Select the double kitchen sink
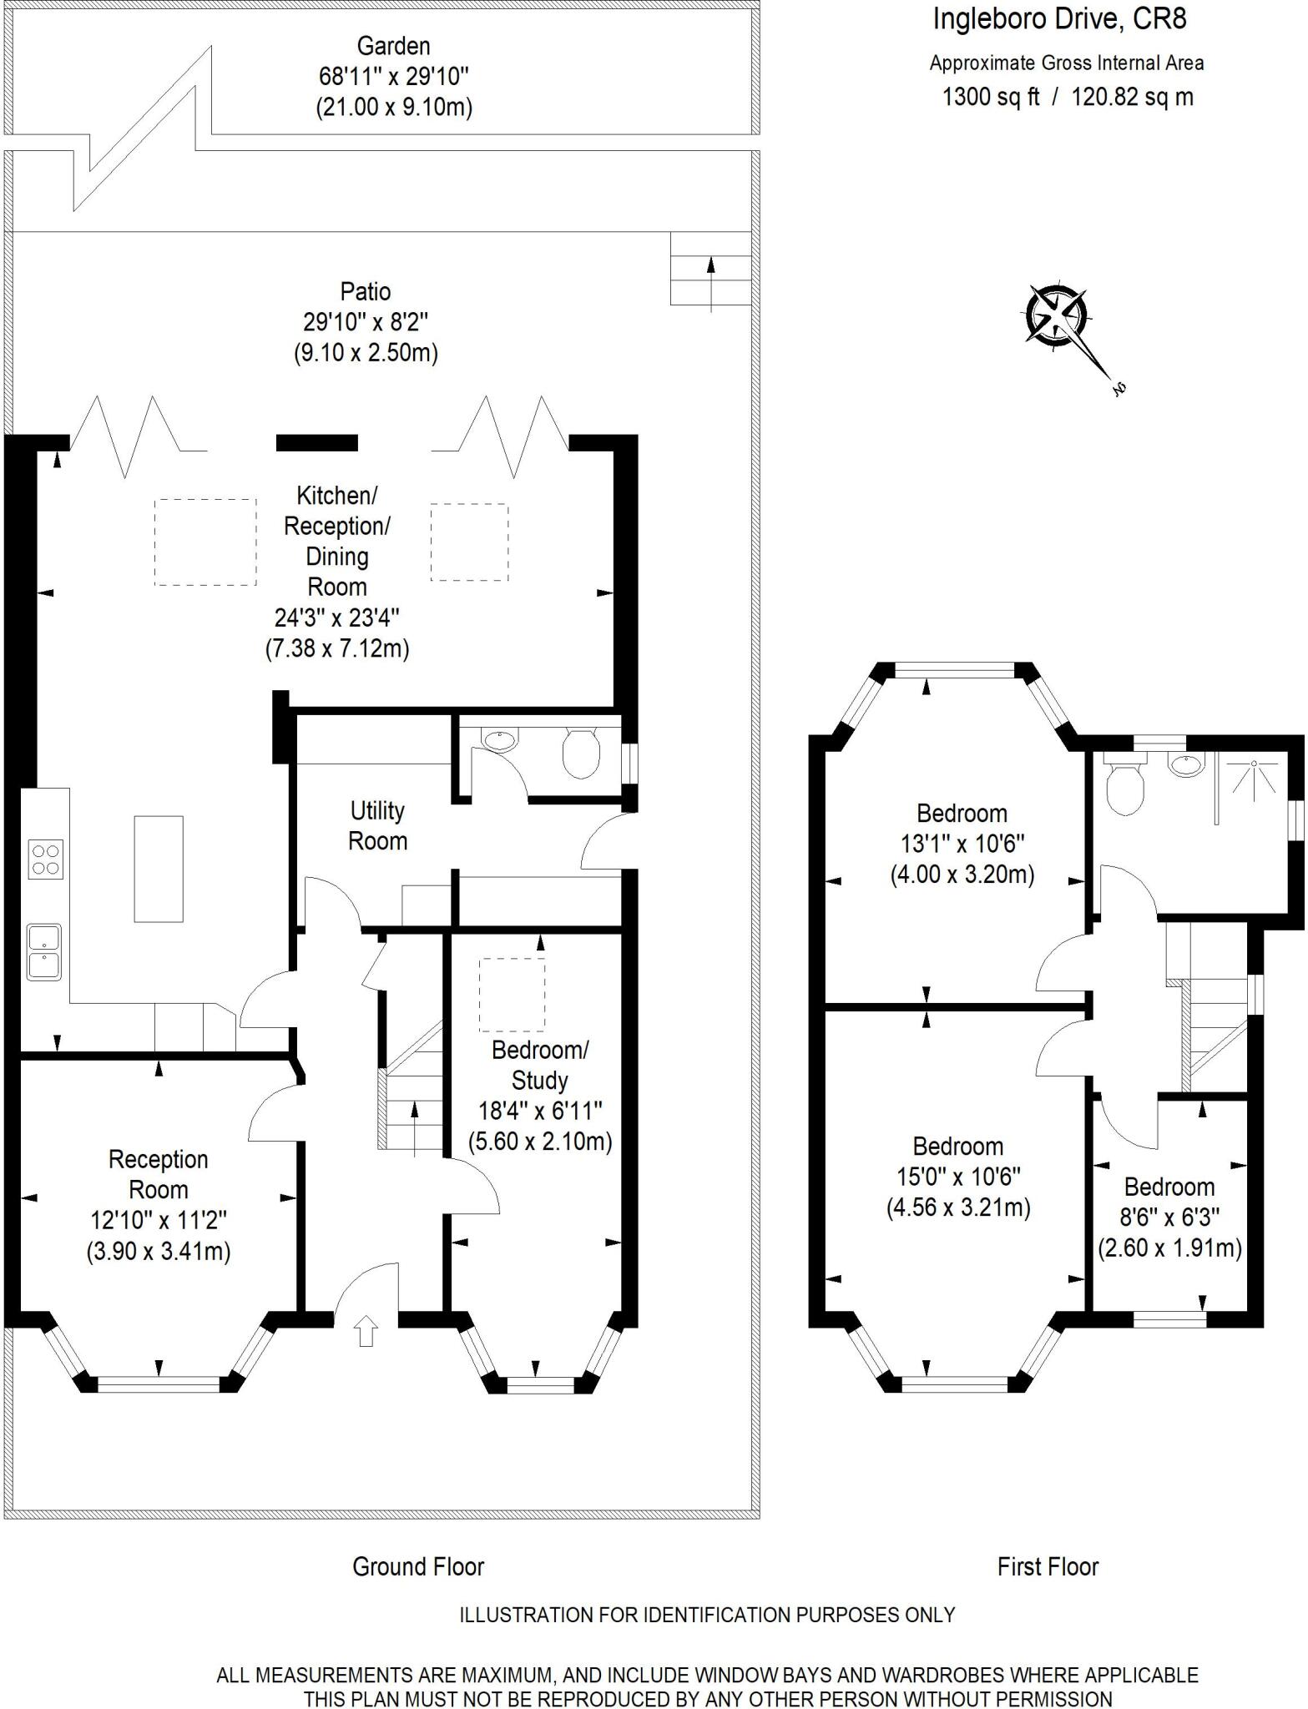[43, 951]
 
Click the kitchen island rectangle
[159, 869]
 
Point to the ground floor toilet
[581, 751]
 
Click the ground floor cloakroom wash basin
[499, 739]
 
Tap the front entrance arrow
[365, 1331]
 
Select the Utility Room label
[377, 826]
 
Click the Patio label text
[366, 291]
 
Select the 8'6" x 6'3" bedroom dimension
[1169, 1217]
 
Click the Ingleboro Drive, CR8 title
[1059, 19]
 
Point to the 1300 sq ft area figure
[991, 98]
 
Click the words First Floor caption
[1048, 1566]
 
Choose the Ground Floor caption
[418, 1566]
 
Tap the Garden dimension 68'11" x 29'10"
[393, 77]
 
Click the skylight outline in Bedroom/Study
[512, 995]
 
